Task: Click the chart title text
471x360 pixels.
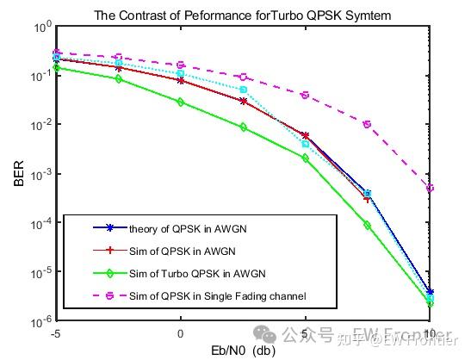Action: [x=243, y=15]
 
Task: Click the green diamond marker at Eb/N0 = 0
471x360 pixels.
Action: [x=181, y=102]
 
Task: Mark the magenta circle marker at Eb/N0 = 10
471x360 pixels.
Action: [x=430, y=188]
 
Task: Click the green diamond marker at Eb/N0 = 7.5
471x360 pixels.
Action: [x=368, y=225]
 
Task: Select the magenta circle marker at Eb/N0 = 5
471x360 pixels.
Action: [x=306, y=95]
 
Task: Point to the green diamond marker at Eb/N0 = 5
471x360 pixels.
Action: [x=306, y=158]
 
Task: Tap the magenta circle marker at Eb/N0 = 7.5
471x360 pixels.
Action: [x=368, y=124]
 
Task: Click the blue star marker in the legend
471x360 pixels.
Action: [x=109, y=228]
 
